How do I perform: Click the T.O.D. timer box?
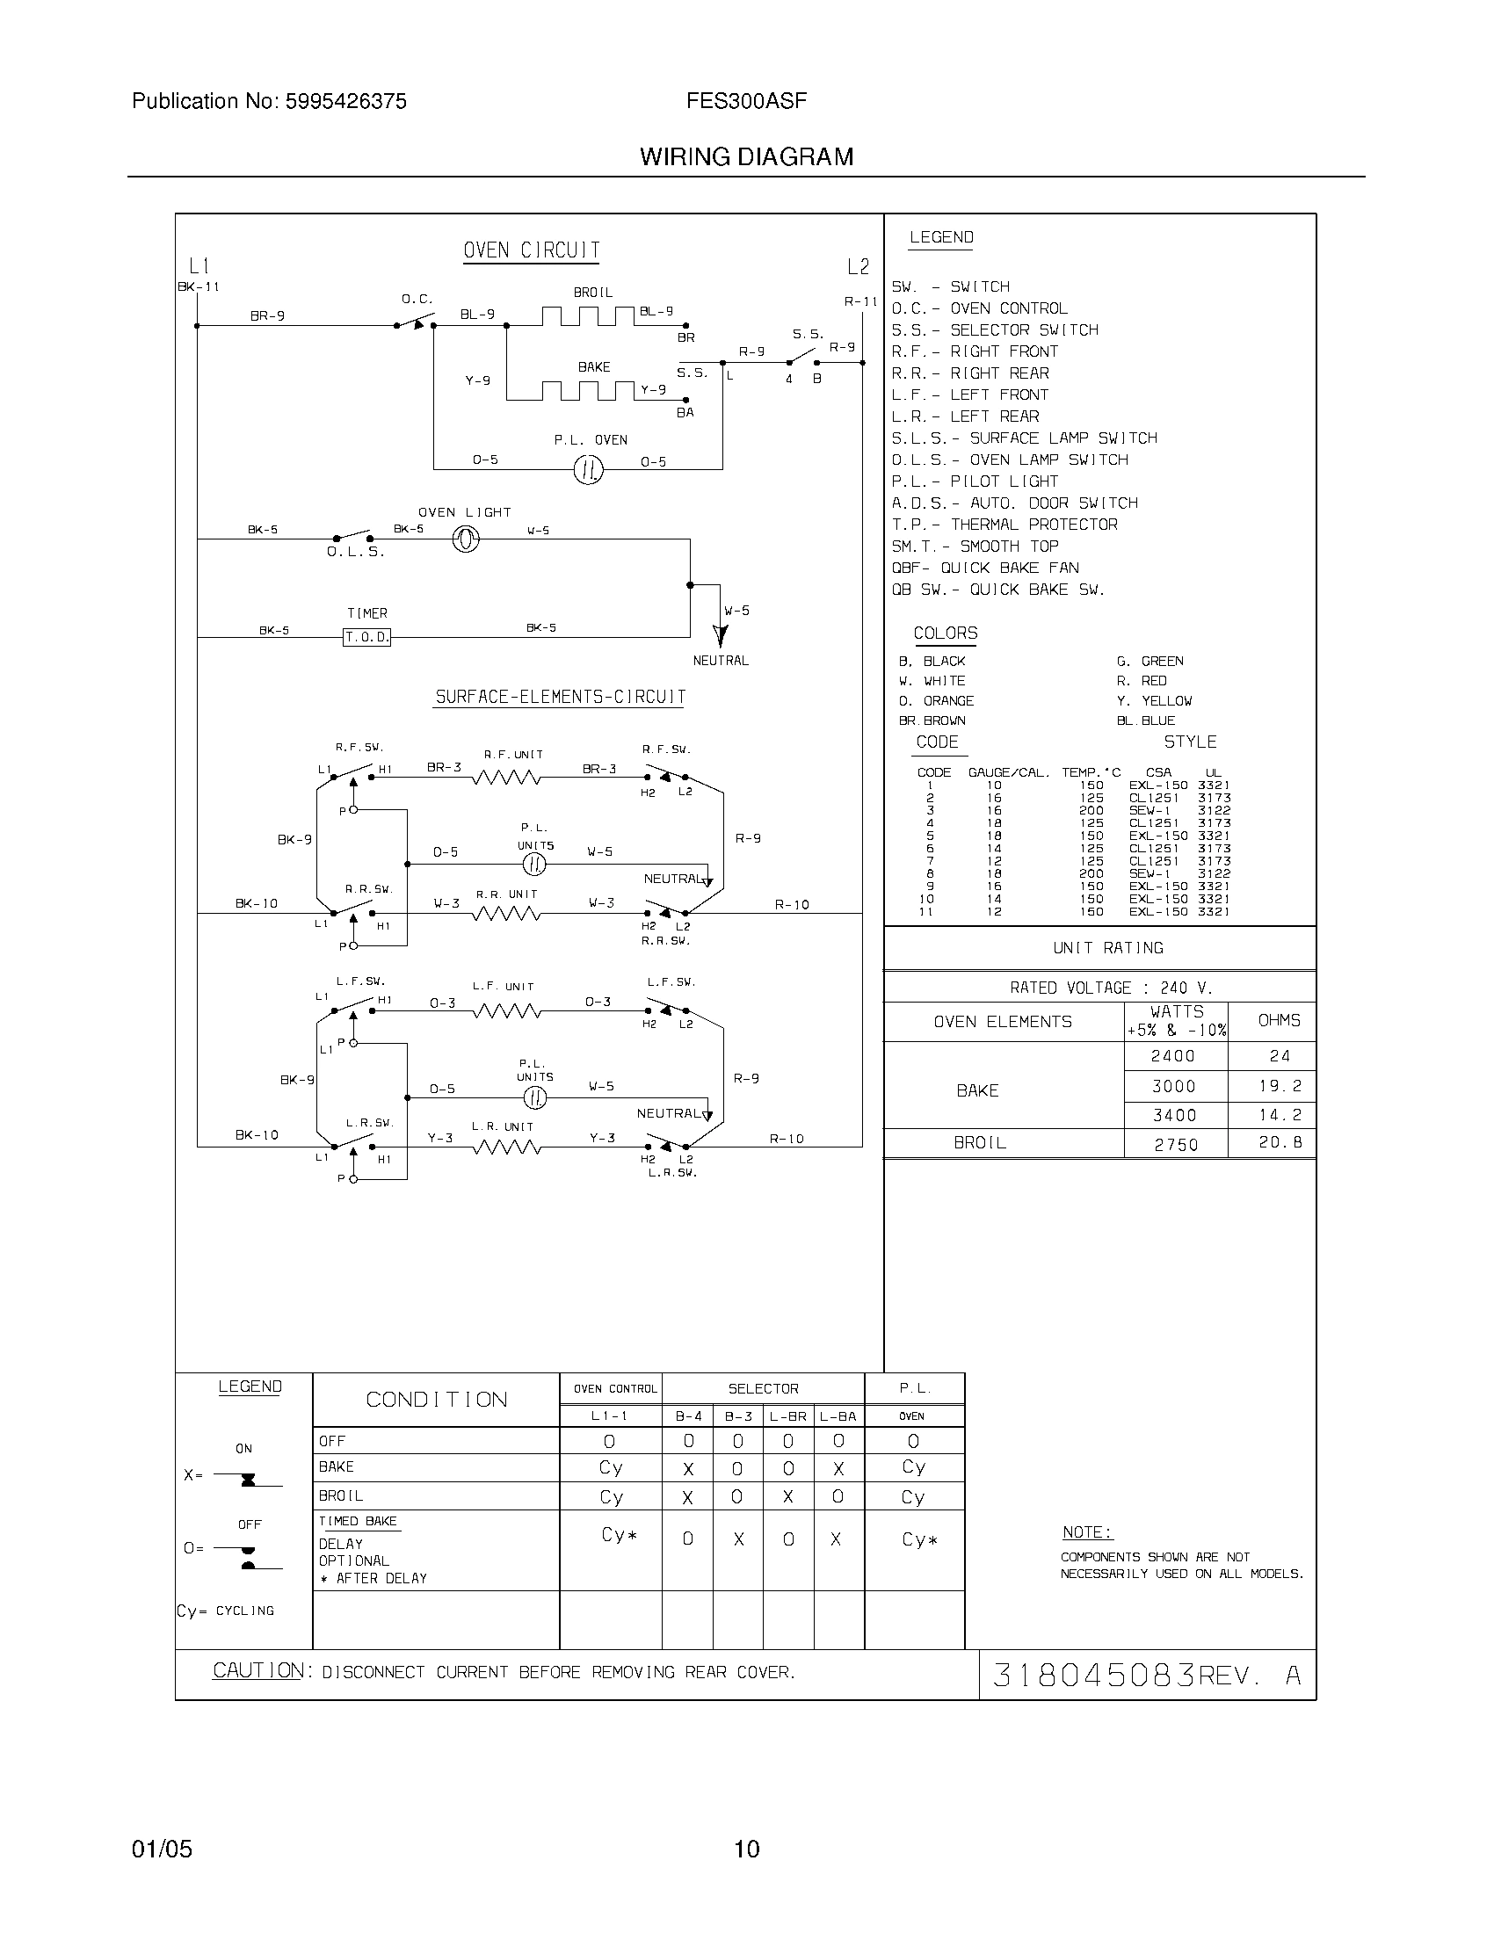[x=366, y=637]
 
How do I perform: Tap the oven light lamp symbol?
[x=466, y=539]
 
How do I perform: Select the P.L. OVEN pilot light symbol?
[x=588, y=469]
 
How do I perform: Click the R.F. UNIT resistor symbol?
[x=506, y=778]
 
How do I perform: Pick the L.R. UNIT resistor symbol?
[x=506, y=1148]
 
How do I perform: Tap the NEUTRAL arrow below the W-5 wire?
[x=721, y=635]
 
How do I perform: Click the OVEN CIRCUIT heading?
[x=531, y=250]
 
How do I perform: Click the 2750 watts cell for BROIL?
[x=1175, y=1144]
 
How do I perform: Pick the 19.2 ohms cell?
[x=1280, y=1086]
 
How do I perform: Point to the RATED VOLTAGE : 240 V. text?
[x=1111, y=988]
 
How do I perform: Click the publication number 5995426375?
[x=345, y=102]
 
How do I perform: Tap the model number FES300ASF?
[x=746, y=102]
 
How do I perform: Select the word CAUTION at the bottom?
[x=258, y=1671]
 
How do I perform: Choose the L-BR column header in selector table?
[x=787, y=1416]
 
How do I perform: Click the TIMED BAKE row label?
[x=358, y=1522]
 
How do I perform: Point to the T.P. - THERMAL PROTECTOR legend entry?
[x=1004, y=525]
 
